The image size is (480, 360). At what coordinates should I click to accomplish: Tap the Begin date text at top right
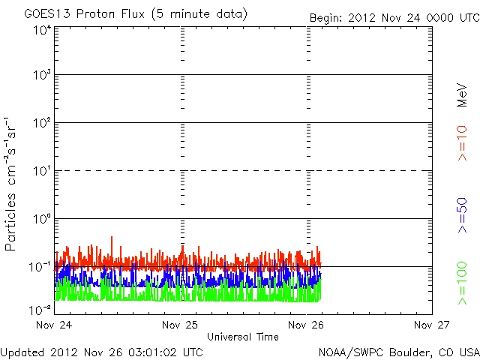pos(394,17)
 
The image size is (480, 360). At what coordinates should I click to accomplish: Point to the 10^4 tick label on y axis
pos(41,30)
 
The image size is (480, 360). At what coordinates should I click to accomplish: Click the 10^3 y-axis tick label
pos(41,75)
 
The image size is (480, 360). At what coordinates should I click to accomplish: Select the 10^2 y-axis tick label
pos(41,122)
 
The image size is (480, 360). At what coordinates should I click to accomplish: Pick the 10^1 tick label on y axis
pos(41,170)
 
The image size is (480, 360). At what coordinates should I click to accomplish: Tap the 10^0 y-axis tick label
pos(41,218)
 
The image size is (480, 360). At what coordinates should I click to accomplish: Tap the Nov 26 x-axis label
pos(305,325)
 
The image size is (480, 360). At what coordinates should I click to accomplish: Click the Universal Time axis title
pos(243,337)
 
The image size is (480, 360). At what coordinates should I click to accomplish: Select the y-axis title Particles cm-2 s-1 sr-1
pos(13,184)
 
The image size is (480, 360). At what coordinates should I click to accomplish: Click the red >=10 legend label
pos(462,143)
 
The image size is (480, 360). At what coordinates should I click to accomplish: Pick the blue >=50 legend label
pos(462,215)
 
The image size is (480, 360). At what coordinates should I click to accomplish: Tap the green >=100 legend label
pos(462,283)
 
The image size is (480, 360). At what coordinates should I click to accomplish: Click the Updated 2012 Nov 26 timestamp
pos(101,351)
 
